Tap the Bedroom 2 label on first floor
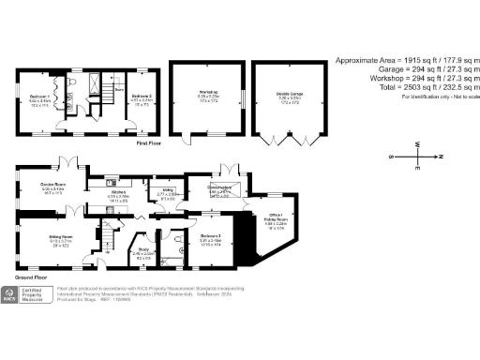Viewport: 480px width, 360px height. coord(141,97)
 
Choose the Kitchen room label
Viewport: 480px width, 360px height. coord(119,191)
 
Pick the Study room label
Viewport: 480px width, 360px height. coord(142,250)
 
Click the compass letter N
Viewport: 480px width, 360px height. coord(442,156)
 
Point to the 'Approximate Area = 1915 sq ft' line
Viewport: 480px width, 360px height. coord(404,60)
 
